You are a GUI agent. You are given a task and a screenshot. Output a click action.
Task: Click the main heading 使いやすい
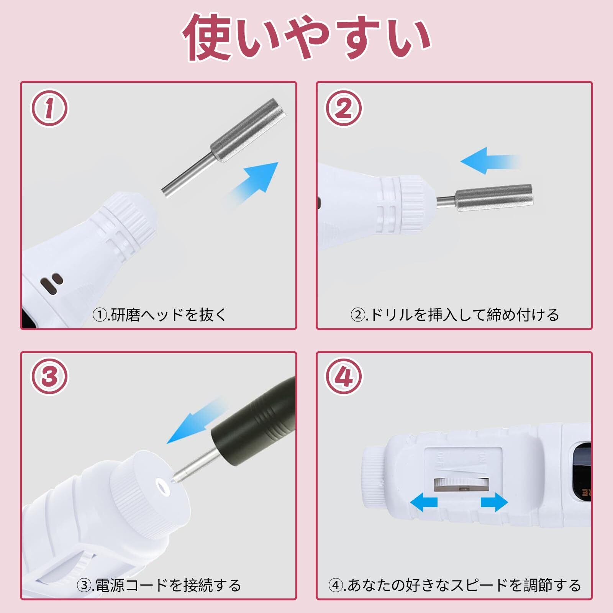[x=306, y=37]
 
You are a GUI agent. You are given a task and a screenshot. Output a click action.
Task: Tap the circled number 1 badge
[x=49, y=108]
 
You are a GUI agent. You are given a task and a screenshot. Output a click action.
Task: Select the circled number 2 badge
[x=344, y=108]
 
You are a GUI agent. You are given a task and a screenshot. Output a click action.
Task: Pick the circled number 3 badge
[x=49, y=376]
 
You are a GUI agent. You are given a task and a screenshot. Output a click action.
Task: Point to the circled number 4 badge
[x=344, y=376]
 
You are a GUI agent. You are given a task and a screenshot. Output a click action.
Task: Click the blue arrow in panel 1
[x=251, y=184]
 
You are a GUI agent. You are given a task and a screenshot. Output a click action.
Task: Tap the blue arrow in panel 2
[x=490, y=161]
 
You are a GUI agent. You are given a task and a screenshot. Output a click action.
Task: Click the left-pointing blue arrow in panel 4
[x=424, y=502]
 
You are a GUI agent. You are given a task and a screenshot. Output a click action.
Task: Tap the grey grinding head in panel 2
[x=485, y=197]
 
